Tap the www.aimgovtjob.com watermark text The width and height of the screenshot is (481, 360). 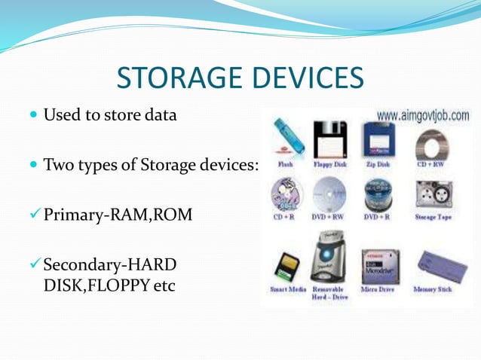click(x=422, y=116)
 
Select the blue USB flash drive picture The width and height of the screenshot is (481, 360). click(x=288, y=137)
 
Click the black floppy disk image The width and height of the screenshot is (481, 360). click(x=329, y=139)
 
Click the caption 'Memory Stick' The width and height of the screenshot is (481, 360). click(x=433, y=289)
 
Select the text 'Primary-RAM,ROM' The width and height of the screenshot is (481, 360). click(x=117, y=215)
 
